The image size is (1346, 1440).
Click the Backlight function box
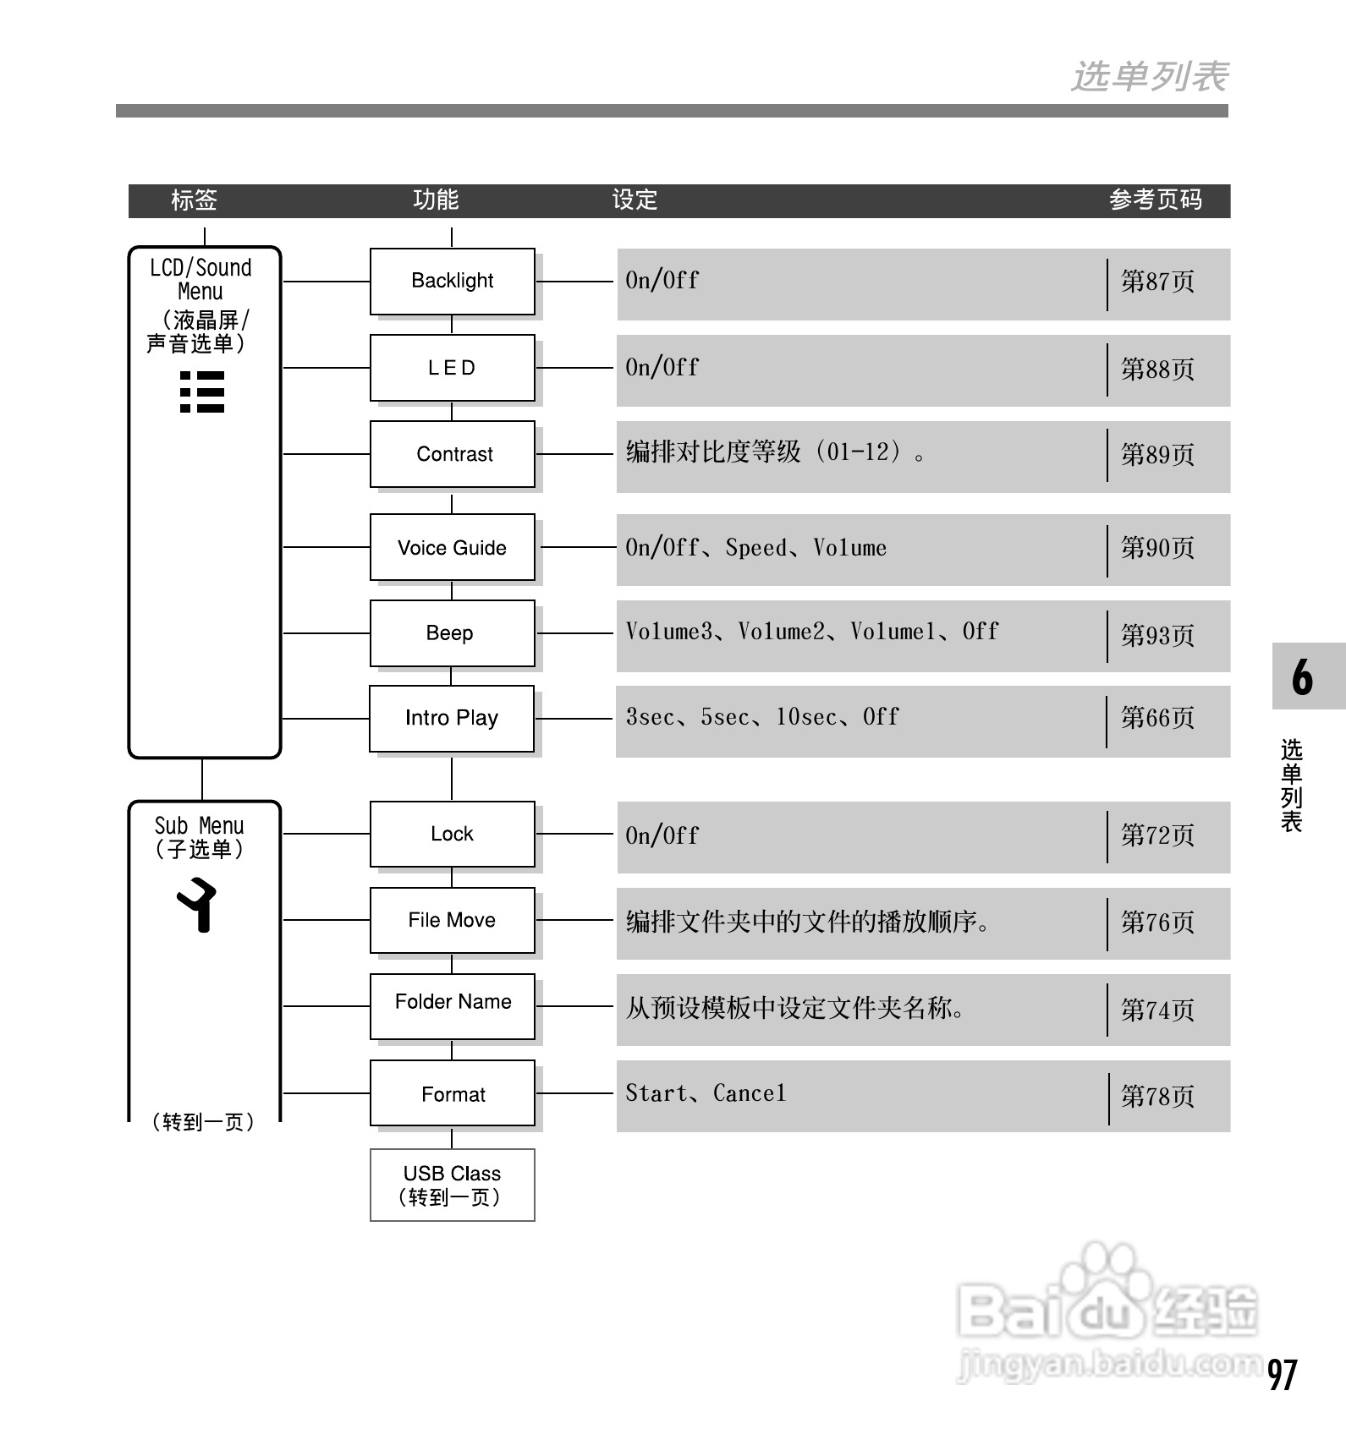coord(453,281)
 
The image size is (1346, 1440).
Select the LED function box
coord(453,368)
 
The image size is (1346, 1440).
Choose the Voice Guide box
coord(453,547)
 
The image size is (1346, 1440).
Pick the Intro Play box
coord(452,719)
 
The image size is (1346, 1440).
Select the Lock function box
coord(453,834)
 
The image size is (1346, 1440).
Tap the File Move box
coord(453,920)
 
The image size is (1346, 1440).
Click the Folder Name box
coord(453,1006)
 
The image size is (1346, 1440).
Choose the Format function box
coord(453,1093)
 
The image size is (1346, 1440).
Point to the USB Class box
coord(453,1185)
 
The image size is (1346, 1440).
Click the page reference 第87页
coord(1157,282)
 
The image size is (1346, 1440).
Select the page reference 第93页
coord(1157,635)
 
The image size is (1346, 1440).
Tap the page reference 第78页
coord(1157,1097)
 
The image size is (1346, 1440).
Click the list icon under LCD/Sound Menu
coord(202,391)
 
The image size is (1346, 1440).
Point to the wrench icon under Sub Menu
coord(197,905)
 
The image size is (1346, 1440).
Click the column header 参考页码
coord(1155,200)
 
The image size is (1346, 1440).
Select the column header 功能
coord(436,200)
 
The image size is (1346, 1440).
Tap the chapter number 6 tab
coord(1303,676)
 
